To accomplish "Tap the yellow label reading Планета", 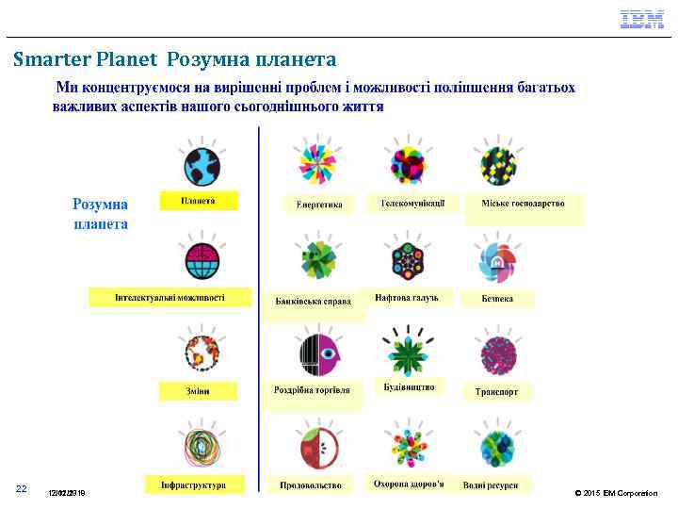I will (x=198, y=201).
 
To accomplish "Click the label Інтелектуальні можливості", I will (x=170, y=298).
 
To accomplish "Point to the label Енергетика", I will (x=319, y=204).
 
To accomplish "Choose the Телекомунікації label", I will (x=419, y=204).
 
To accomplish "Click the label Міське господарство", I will (x=523, y=204).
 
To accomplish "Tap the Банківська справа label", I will (x=313, y=302).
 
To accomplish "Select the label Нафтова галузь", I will (x=413, y=298).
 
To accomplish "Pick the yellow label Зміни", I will (x=198, y=390).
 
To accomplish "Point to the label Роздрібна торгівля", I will (x=312, y=389).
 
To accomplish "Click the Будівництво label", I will (x=410, y=387).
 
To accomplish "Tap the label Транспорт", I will (x=497, y=390).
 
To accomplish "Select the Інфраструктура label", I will (x=194, y=484).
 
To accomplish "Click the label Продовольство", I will (x=311, y=485).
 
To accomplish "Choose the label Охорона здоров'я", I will (x=409, y=484).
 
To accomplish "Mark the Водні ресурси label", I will (x=491, y=485).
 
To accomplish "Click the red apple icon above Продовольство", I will (x=309, y=447).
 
